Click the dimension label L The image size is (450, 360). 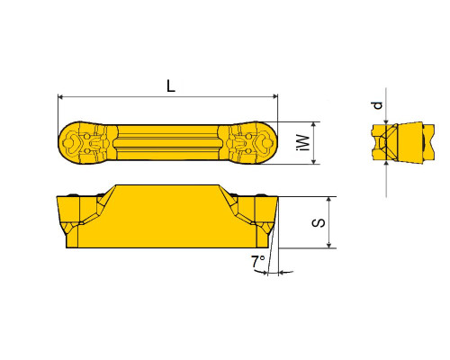[x=171, y=86]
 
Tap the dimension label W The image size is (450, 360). [x=303, y=142]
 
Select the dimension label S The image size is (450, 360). [x=319, y=223]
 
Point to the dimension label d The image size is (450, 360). [x=377, y=105]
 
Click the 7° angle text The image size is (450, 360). [x=257, y=262]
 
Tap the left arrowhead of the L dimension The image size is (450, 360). [x=60, y=96]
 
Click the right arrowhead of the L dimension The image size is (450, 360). [x=274, y=96]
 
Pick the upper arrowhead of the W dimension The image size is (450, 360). [x=314, y=125]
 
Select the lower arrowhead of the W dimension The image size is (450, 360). [x=314, y=161]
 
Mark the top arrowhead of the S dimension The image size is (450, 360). [x=329, y=200]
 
